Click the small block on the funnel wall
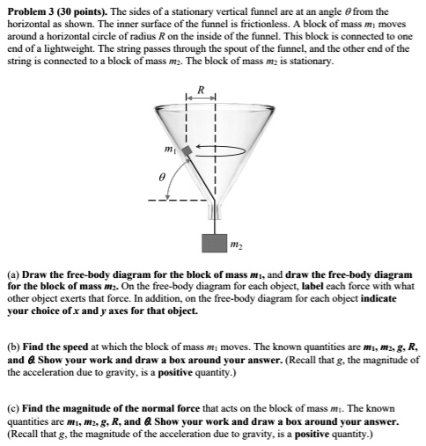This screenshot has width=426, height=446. [186, 150]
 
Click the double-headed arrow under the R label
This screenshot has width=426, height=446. [200, 98]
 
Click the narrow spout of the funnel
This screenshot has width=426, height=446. [213, 211]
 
